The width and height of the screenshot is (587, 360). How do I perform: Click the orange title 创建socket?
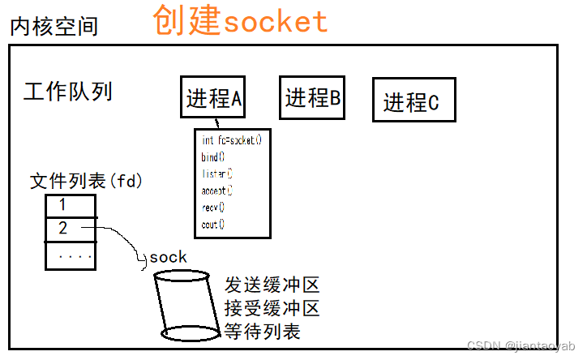[x=240, y=21]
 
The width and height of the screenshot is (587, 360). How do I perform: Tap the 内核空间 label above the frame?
[x=54, y=27]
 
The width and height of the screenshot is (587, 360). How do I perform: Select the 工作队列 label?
[x=68, y=91]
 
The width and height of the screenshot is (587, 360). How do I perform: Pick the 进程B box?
[x=312, y=98]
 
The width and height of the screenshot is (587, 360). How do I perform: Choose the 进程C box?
[x=411, y=101]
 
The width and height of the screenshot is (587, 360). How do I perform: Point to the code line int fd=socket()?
[x=232, y=140]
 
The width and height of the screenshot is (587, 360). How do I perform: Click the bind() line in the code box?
[x=213, y=157]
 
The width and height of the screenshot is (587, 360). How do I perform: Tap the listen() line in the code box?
[x=216, y=174]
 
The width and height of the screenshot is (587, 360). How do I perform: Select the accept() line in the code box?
[x=216, y=191]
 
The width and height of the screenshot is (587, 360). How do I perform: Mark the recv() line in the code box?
[x=213, y=208]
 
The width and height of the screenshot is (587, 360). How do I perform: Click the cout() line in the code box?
[x=213, y=225]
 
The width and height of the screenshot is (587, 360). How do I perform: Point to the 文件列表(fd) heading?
[x=86, y=182]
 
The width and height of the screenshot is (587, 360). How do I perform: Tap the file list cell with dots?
[x=71, y=256]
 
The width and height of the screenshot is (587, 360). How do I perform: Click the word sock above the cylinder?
[x=168, y=258]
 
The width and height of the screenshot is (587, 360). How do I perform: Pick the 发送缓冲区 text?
[x=272, y=285]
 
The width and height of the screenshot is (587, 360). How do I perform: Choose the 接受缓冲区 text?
[x=272, y=308]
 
